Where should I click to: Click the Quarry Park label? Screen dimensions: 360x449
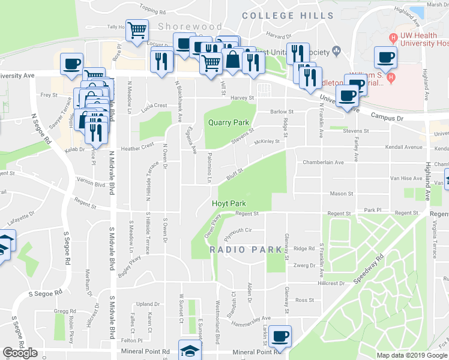(x=228, y=122)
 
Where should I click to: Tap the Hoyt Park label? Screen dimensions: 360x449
(x=229, y=203)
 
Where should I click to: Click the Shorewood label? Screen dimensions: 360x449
(x=182, y=26)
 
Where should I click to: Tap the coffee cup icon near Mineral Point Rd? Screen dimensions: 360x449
(x=279, y=337)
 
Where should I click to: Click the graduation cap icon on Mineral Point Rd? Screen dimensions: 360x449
(x=190, y=352)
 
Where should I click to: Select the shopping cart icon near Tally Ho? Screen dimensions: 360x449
(x=137, y=29)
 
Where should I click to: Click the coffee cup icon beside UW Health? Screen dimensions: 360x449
(x=385, y=58)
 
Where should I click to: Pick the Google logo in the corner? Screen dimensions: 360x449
(x=20, y=353)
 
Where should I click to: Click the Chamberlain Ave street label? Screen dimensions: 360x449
(x=323, y=162)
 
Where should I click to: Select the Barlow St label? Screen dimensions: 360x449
(x=282, y=112)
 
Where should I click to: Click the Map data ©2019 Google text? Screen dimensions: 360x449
(x=412, y=355)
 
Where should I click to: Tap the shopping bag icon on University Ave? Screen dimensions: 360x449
(x=232, y=60)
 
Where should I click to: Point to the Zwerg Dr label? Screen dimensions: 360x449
(x=304, y=265)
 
